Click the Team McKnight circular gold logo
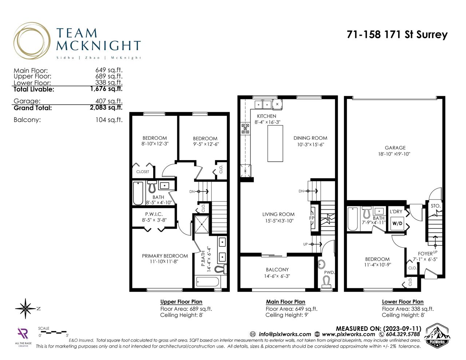tap(32, 41)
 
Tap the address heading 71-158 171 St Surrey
tap(397, 35)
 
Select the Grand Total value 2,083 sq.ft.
tap(106, 107)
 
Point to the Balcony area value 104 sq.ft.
tap(109, 120)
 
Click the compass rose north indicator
tap(26, 309)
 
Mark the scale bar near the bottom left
tap(54, 332)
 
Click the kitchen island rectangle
tap(275, 143)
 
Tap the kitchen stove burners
tap(245, 128)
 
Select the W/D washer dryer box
tap(397, 223)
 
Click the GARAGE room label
tap(395, 148)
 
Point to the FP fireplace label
tap(312, 218)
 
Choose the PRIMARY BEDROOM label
tap(165, 256)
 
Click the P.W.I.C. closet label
tap(154, 214)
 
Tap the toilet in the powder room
tap(327, 282)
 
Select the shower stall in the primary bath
tap(202, 224)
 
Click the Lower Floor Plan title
tap(403, 302)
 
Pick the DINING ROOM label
tap(310, 138)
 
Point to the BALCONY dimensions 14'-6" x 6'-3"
tap(277, 276)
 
